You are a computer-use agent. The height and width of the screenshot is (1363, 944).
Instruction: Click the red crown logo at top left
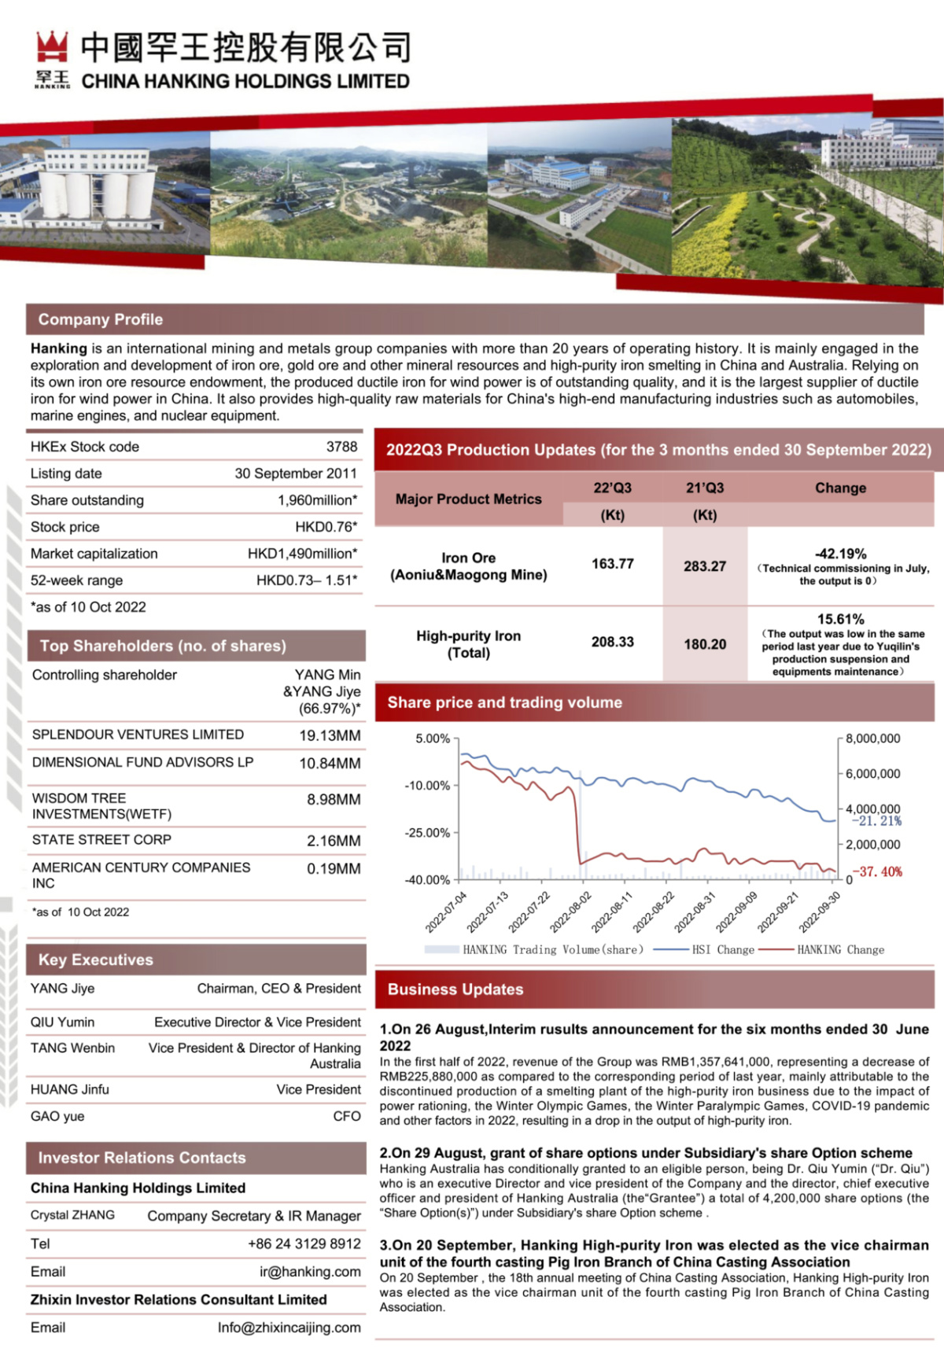pyautogui.click(x=52, y=46)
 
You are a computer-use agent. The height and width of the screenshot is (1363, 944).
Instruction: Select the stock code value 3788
pyautogui.click(x=341, y=447)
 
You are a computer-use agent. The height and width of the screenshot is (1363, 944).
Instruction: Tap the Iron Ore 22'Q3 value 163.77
pyautogui.click(x=612, y=564)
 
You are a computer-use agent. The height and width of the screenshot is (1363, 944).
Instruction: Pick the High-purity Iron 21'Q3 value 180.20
pyautogui.click(x=705, y=644)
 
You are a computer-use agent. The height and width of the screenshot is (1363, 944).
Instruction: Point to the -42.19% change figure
pyautogui.click(x=840, y=554)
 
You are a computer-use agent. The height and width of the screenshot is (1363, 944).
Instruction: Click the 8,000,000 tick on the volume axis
pyautogui.click(x=873, y=739)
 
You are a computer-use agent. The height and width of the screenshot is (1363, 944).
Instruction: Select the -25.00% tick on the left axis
pyautogui.click(x=427, y=833)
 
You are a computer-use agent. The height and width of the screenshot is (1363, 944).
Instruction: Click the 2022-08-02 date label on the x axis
pyautogui.click(x=570, y=912)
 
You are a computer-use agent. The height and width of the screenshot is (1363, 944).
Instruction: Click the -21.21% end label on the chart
pyautogui.click(x=876, y=821)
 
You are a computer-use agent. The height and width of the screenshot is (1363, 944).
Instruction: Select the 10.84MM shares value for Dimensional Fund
pyautogui.click(x=330, y=764)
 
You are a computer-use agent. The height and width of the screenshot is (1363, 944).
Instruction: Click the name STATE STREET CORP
pyautogui.click(x=101, y=840)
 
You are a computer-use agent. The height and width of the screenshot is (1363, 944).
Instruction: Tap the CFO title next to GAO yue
pyautogui.click(x=346, y=1116)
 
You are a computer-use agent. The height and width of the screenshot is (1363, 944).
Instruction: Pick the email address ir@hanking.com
pyautogui.click(x=310, y=1272)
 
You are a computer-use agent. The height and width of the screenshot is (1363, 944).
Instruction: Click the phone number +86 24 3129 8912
pyautogui.click(x=304, y=1243)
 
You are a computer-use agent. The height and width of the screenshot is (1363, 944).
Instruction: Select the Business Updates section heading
pyautogui.click(x=455, y=989)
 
